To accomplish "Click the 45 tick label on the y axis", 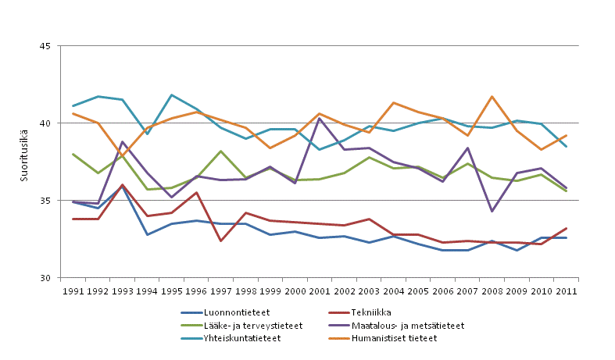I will coord(44,46).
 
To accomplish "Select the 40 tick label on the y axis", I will coord(44,123).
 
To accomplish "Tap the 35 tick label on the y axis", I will coord(44,201).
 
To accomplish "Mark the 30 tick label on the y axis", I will coord(44,278).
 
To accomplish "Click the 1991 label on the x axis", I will coord(73,290).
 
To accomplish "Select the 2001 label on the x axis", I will coord(320,290).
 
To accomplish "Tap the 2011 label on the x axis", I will coord(566,290).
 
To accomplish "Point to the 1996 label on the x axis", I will coord(196,290).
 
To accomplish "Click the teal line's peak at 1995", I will coord(172,95).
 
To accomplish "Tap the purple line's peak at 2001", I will coord(320,118).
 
